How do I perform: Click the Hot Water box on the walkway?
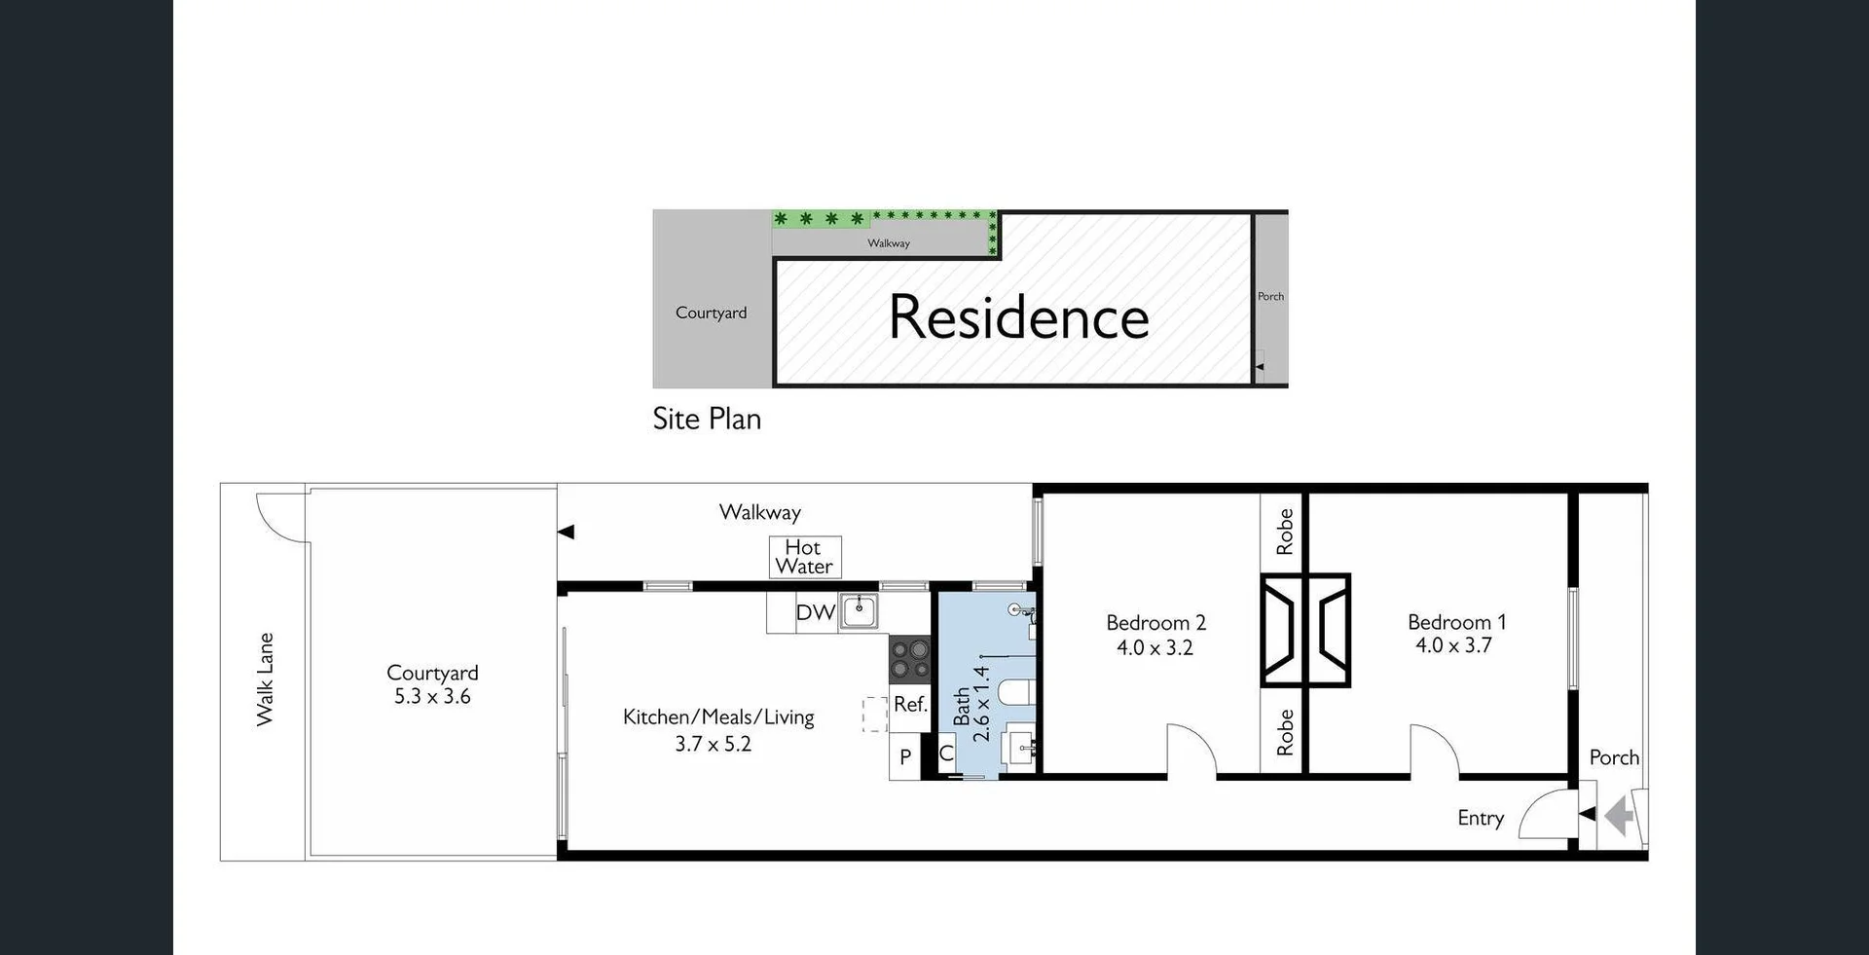pyautogui.click(x=805, y=557)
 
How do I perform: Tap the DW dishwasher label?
pyautogui.click(x=815, y=612)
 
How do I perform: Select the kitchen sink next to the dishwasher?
pyautogui.click(x=860, y=612)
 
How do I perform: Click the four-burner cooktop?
pyautogui.click(x=909, y=658)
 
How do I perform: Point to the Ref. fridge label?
pyautogui.click(x=909, y=704)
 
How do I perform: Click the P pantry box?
pyautogui.click(x=905, y=756)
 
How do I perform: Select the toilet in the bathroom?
pyautogui.click(x=1016, y=692)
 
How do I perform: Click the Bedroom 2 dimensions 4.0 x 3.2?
pyautogui.click(x=1154, y=648)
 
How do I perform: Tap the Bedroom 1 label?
pyautogui.click(x=1456, y=622)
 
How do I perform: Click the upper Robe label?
pyautogui.click(x=1285, y=532)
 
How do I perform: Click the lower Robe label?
pyautogui.click(x=1285, y=732)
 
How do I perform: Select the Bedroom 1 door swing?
pyautogui.click(x=1434, y=751)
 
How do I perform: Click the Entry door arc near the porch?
pyautogui.click(x=1547, y=816)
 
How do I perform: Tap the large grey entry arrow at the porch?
pyautogui.click(x=1619, y=816)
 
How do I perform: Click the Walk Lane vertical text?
pyautogui.click(x=265, y=680)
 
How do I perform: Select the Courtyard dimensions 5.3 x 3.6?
pyautogui.click(x=432, y=697)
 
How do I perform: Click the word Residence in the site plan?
pyautogui.click(x=1018, y=317)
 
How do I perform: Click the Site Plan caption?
pyautogui.click(x=707, y=419)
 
